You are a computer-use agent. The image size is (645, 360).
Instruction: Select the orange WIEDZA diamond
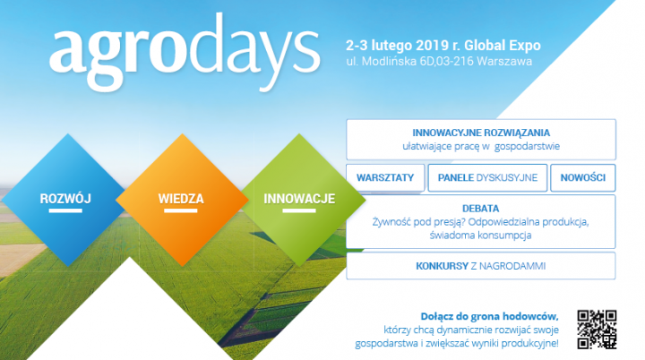[x=182, y=200]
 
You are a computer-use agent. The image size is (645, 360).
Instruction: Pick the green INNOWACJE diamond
[x=299, y=200]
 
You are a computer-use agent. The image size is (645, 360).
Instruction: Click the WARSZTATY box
[x=385, y=177]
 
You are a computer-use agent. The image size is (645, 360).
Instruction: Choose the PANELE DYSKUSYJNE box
[x=487, y=177]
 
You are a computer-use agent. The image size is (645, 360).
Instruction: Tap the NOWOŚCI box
[x=583, y=177]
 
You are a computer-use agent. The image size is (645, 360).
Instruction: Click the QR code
[x=597, y=330]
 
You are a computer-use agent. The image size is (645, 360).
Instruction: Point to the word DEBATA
[x=480, y=208]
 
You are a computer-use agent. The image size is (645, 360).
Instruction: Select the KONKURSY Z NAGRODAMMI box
[x=481, y=266]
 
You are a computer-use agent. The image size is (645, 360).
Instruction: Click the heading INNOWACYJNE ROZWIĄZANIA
[x=481, y=133]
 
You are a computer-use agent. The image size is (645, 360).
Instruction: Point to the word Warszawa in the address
[x=504, y=61]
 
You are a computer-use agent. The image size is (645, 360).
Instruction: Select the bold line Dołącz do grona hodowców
[x=489, y=316]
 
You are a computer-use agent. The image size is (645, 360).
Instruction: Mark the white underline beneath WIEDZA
[x=181, y=210]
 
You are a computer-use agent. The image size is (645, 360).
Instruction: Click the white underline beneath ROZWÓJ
[x=65, y=210]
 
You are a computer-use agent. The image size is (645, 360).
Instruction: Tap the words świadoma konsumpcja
[x=480, y=236]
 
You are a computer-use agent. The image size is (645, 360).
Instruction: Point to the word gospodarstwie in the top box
[x=527, y=147]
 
